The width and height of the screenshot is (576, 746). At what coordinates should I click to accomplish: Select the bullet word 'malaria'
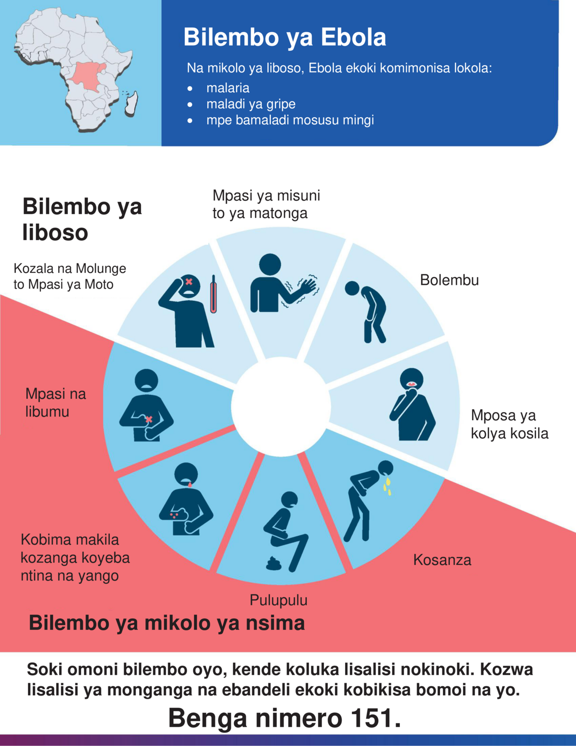coord(228,88)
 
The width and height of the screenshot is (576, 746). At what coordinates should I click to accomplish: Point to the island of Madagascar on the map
coord(132,103)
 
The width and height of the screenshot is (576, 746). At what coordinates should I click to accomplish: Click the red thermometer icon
coord(214,294)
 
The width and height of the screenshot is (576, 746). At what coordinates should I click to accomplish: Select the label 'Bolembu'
coord(449,280)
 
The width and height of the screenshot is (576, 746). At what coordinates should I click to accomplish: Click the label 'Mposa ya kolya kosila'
coord(509,424)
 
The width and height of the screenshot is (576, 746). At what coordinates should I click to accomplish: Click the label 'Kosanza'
coord(442,560)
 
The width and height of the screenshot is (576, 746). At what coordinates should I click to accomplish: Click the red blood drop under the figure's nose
coord(190,485)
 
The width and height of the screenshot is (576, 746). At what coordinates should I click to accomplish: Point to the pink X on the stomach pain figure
coord(149,419)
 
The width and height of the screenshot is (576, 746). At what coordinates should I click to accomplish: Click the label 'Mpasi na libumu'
coord(56,403)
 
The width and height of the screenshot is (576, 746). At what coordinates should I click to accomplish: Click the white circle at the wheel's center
coord(281,407)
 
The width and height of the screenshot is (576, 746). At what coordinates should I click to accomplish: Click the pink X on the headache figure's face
coord(188,281)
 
